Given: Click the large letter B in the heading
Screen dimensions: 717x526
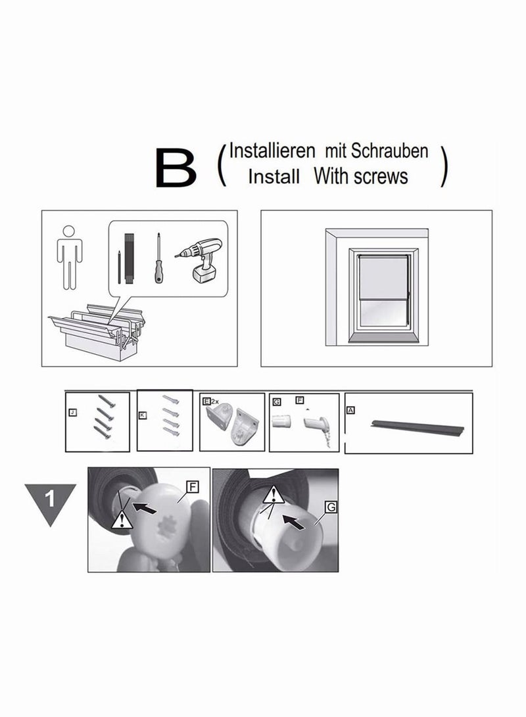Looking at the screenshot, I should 176,169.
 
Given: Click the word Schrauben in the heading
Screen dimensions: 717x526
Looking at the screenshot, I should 389,151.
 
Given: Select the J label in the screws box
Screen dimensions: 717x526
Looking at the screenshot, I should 73,413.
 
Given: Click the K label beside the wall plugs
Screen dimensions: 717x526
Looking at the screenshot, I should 143,415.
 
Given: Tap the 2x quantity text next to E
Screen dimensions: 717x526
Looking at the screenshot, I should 214,400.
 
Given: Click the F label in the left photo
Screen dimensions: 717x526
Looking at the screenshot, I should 193,486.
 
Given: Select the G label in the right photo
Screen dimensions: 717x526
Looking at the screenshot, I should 330,507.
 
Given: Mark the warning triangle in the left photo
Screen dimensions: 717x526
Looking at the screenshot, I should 119,520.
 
